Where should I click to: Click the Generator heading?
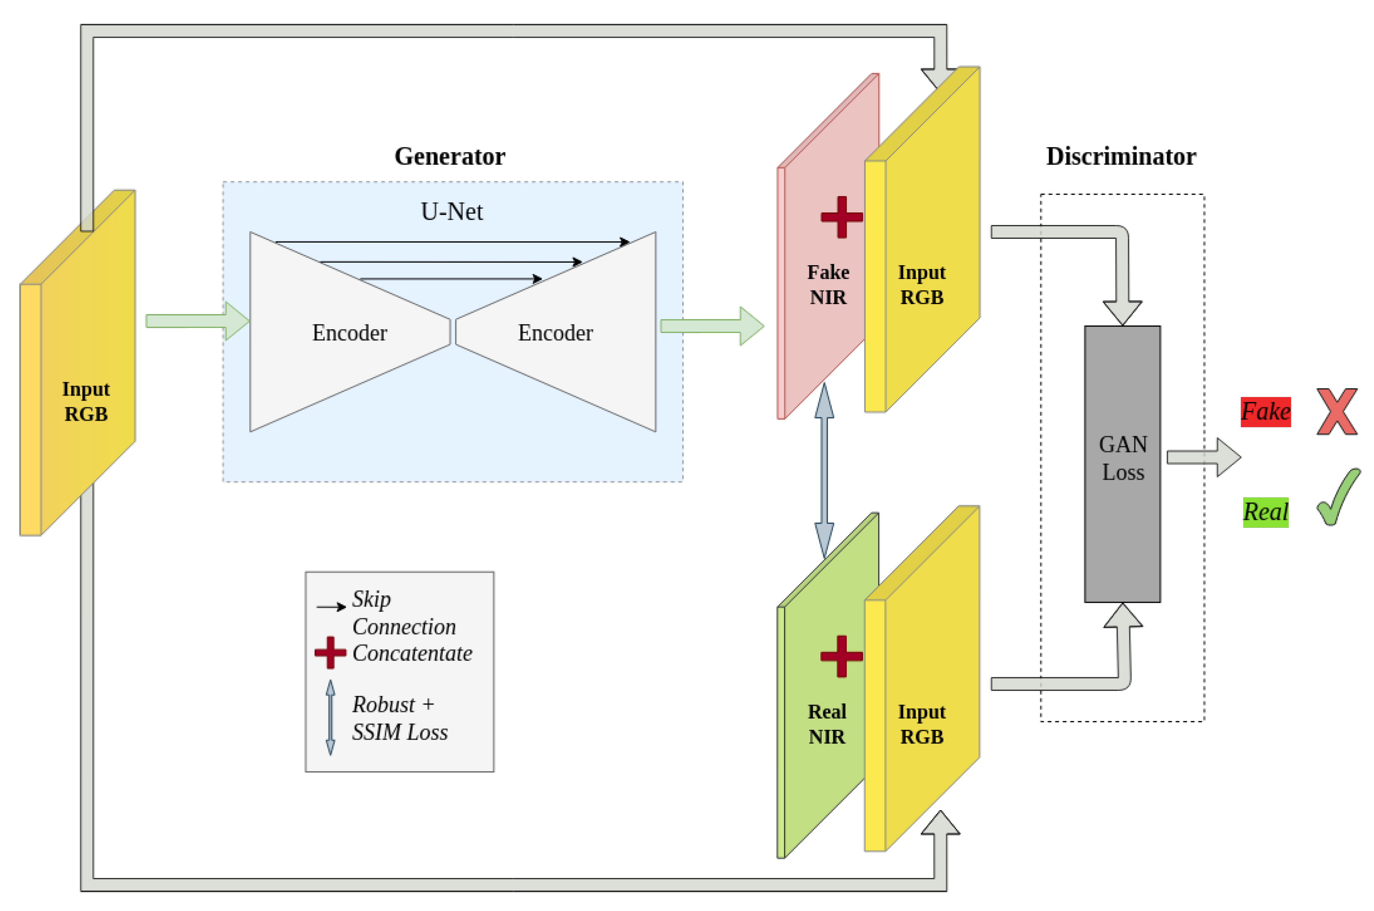click(449, 156)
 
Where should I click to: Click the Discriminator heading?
click(1120, 156)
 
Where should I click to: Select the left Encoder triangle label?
click(349, 333)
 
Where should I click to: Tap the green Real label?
click(1265, 512)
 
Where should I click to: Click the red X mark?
click(1336, 411)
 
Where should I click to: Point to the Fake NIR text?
click(827, 285)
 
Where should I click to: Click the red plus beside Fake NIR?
click(841, 217)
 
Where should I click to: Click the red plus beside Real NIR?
click(841, 657)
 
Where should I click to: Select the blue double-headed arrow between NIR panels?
click(824, 471)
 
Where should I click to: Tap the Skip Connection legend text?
click(403, 613)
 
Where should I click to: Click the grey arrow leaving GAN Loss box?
click(1202, 457)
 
